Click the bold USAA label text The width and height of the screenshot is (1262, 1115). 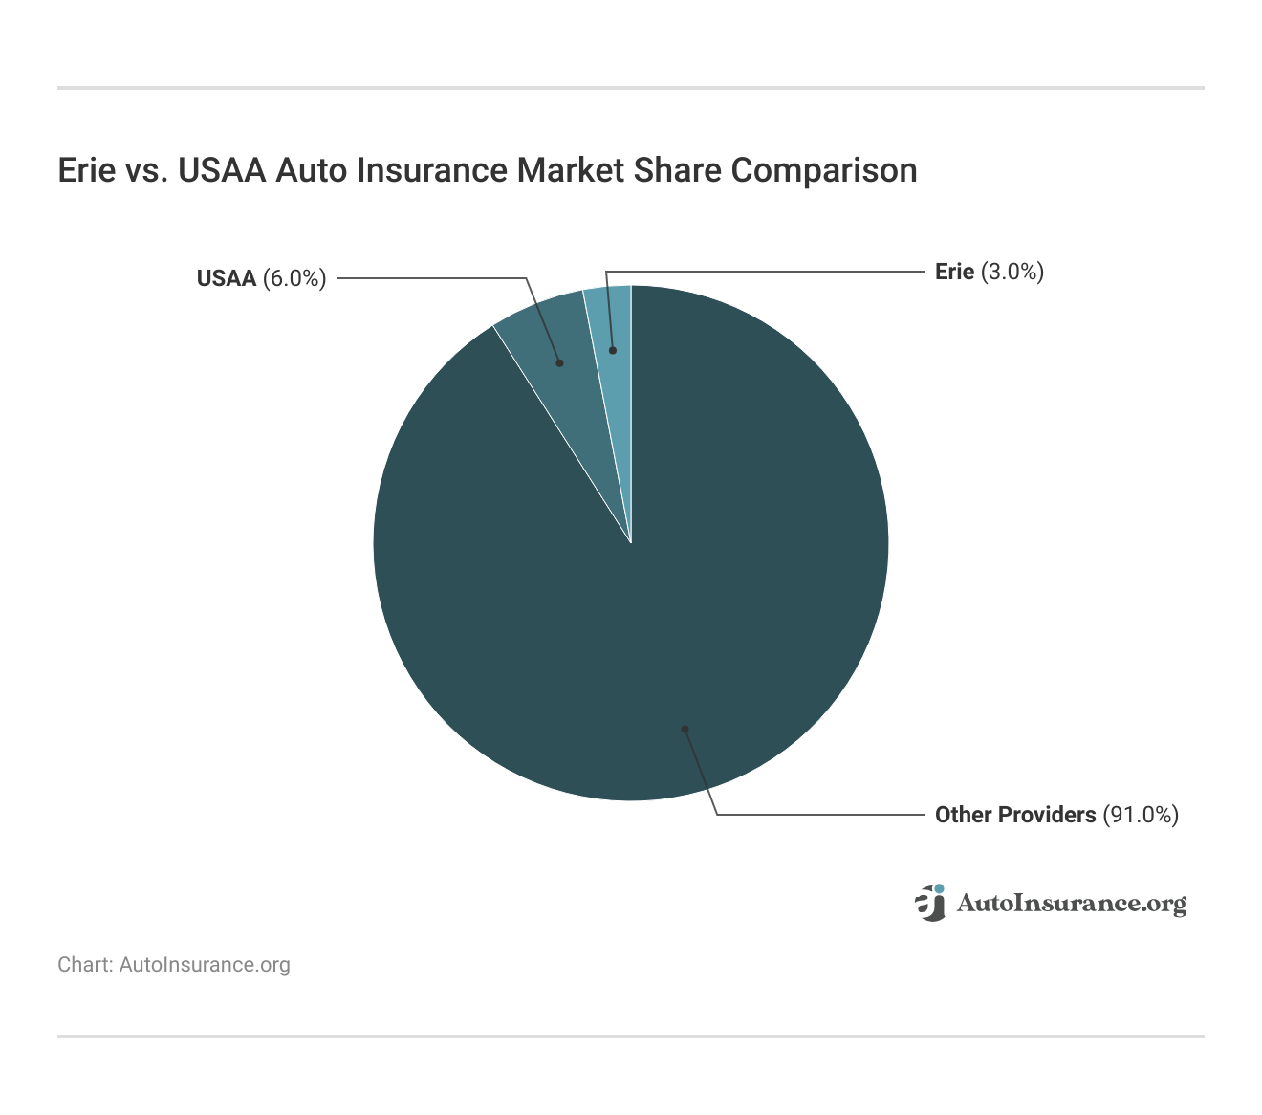(226, 278)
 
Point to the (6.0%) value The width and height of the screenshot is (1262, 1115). (294, 278)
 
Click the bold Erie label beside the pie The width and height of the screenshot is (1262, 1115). (954, 272)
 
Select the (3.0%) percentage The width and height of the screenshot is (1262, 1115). (1012, 272)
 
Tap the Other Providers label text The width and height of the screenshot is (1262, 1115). (1015, 815)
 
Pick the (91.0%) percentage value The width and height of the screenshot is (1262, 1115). (1141, 815)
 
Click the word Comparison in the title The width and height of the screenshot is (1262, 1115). (824, 170)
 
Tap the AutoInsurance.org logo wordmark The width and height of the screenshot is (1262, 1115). (1071, 903)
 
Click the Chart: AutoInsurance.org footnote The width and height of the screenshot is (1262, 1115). (174, 964)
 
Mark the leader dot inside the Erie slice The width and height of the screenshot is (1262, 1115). (613, 351)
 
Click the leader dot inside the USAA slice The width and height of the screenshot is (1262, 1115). (560, 363)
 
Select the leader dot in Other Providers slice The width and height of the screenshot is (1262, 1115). (685, 729)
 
